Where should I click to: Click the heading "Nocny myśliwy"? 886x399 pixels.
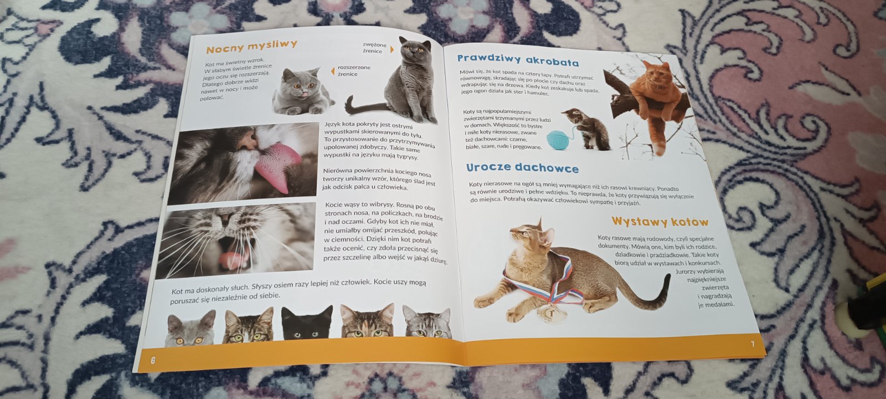coord(251,47)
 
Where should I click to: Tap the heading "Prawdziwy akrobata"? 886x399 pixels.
coord(518,60)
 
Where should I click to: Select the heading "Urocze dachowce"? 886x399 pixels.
coord(522,168)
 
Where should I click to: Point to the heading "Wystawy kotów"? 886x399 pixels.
coord(660,221)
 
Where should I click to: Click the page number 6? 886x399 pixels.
coord(153,360)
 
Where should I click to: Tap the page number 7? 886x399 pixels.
coord(753,344)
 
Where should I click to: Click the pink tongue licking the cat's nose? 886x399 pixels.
coord(277,164)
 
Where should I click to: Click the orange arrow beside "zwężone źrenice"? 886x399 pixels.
coord(392,49)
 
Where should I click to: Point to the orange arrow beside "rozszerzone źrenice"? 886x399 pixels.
coord(333,71)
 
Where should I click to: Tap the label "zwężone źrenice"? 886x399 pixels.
coord(374,48)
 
